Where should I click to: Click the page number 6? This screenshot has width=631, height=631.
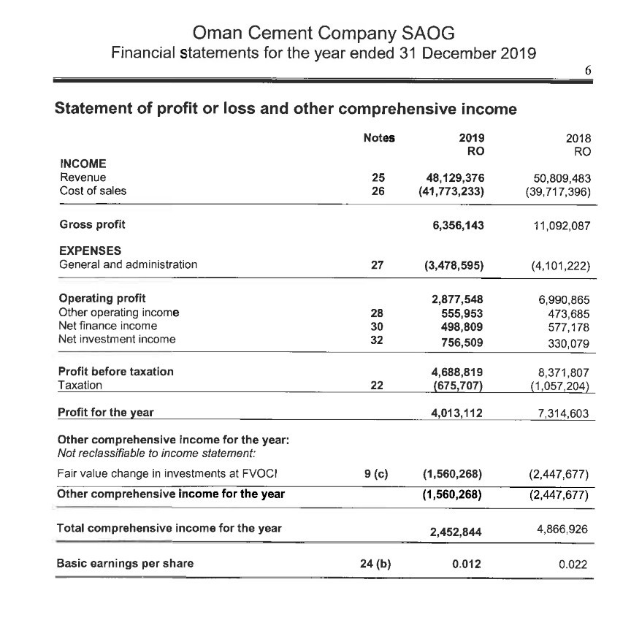pos(588,71)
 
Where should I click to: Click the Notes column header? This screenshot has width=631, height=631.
pos(378,137)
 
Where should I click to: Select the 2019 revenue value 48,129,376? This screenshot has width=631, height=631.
pos(456,177)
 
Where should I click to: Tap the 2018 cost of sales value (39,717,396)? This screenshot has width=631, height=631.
pos(558,191)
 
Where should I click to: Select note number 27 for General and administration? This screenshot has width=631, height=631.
pos(377,265)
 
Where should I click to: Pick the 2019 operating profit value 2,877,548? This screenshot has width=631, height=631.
pos(458,299)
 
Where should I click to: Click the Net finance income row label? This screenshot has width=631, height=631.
pos(107,326)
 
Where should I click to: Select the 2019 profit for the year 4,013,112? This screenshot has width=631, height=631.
pos(458,413)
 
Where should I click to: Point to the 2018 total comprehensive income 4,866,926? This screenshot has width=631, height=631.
pos(561,527)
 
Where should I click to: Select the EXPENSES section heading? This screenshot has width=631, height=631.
pos(90,251)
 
